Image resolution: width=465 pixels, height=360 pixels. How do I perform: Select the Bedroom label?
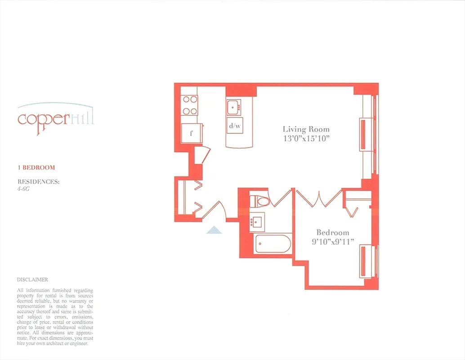point(333,233)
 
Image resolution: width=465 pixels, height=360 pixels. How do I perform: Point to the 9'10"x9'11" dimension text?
point(333,242)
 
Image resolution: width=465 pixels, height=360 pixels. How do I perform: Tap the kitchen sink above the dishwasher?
point(234,107)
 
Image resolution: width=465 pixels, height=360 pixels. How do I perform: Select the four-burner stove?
point(190,106)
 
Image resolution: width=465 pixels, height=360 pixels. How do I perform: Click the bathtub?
point(272,244)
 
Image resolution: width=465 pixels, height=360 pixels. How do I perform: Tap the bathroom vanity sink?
point(258,222)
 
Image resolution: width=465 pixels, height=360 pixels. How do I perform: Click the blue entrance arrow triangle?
point(214,230)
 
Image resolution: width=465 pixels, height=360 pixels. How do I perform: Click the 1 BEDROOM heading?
point(36,167)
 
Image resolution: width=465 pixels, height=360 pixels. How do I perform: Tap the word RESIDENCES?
point(38,182)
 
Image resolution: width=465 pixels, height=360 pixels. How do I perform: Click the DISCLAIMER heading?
point(32,279)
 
